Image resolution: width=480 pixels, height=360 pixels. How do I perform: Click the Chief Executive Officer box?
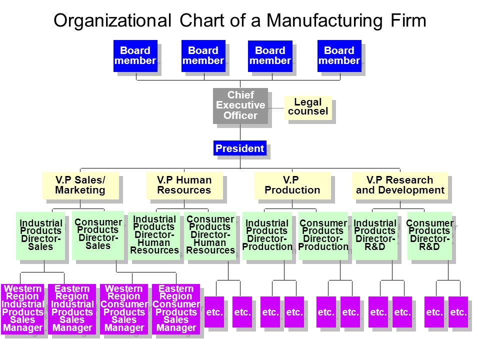tap(240, 105)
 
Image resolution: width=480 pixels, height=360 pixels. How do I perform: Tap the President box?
tap(240, 148)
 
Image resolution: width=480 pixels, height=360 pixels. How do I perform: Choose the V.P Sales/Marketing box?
tap(80, 185)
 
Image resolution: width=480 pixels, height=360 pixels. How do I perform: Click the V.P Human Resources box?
tap(184, 185)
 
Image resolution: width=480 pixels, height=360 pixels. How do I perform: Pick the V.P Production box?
tap(292, 185)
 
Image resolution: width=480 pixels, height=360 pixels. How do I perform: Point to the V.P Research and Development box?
tap(400, 185)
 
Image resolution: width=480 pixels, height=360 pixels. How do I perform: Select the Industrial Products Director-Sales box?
tap(40, 236)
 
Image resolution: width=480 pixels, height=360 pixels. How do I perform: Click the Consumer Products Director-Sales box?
tap(98, 235)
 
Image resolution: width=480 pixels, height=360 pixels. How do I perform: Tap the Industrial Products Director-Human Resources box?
tap(154, 236)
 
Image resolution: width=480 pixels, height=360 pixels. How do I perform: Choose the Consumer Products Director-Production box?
tap(323, 236)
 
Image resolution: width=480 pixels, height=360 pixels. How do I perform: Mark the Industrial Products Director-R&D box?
tap(374, 236)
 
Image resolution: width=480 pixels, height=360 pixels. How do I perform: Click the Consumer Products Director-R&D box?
tap(429, 236)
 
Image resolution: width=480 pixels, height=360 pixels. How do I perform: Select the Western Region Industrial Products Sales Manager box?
tap(22, 309)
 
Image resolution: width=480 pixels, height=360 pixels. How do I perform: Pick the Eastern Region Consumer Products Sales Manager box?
tap(176, 309)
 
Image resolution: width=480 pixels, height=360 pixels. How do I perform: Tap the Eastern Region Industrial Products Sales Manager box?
tap(72, 309)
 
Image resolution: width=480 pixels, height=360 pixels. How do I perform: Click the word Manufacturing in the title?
tap(324, 21)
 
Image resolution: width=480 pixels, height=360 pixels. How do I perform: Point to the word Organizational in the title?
tap(112, 21)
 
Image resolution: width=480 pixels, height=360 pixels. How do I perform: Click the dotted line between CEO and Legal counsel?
tap(276, 108)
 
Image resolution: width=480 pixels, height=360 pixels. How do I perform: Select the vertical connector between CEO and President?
tap(240, 132)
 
